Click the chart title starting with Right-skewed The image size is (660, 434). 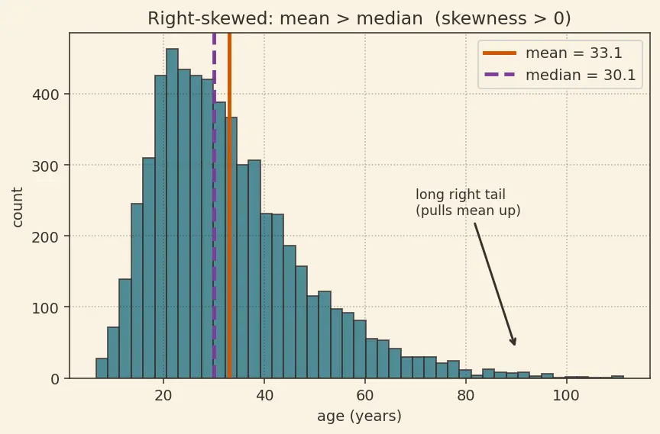pyautogui.click(x=359, y=18)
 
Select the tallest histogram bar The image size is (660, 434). pyautogui.click(x=172, y=214)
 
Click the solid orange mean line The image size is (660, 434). pyautogui.click(x=229, y=205)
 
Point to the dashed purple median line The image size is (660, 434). pyautogui.click(x=214, y=205)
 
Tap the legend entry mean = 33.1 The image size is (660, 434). pyautogui.click(x=552, y=53)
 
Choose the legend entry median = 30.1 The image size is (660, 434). pyautogui.click(x=559, y=75)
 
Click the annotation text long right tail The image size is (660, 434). pyautogui.click(x=460, y=194)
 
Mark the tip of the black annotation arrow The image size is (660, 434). pyautogui.click(x=515, y=346)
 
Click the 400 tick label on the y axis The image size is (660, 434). pyautogui.click(x=46, y=95)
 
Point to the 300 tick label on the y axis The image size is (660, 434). pyautogui.click(x=46, y=166)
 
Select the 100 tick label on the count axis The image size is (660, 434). pyautogui.click(x=46, y=307)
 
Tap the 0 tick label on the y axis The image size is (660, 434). pyautogui.click(x=55, y=379)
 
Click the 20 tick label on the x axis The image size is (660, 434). pyautogui.click(x=163, y=396)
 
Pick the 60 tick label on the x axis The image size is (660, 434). pyautogui.click(x=365, y=396)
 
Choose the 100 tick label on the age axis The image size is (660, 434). pyautogui.click(x=567, y=396)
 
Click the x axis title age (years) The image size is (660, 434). pyautogui.click(x=360, y=416)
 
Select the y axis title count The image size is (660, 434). pyautogui.click(x=18, y=207)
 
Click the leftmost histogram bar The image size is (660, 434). pyautogui.click(x=102, y=368)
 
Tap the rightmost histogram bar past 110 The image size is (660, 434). pyautogui.click(x=617, y=377)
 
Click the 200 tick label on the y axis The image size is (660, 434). pyautogui.click(x=46, y=236)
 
